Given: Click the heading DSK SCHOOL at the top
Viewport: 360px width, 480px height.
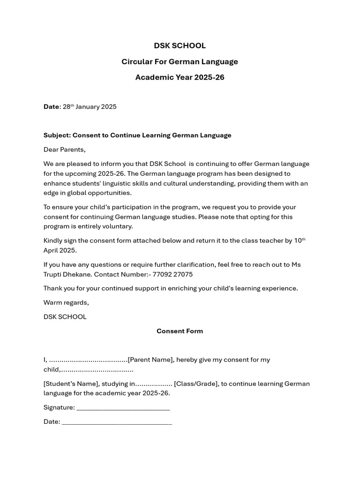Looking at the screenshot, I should coord(180,45).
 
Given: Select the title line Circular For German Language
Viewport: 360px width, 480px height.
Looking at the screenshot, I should coord(180,61).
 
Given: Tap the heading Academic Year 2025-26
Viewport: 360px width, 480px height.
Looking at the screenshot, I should coord(180,77).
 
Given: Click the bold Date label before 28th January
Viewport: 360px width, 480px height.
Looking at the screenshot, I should coord(51,107).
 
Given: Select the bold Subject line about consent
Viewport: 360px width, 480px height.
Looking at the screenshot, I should coord(137,135).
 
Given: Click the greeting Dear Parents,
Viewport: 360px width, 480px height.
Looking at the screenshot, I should coord(65,150).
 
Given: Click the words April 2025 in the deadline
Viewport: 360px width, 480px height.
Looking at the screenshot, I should coord(60,250).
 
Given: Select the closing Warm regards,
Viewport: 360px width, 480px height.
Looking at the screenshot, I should coord(66,302).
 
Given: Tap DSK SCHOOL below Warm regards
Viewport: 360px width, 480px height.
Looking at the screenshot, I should coord(65,317).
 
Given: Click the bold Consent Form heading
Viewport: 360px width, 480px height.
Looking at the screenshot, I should coord(180,331).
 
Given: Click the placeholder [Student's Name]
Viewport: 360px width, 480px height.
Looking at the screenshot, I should coord(70,384).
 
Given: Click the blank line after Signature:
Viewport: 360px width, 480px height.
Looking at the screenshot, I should coord(123,408).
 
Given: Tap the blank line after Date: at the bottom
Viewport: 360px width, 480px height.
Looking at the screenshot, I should coord(117,422).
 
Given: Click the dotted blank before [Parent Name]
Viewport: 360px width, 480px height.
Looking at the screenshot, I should coord(88,360).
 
